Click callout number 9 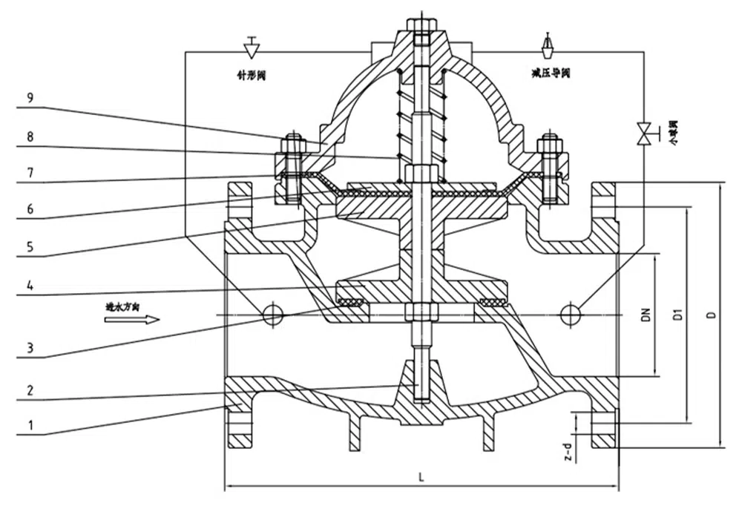30,97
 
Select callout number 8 30,137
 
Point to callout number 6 30,209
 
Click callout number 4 30,283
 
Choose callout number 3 30,346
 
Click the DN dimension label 646,315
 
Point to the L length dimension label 421,476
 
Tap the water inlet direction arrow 132,319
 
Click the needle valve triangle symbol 251,48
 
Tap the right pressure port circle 571,314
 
